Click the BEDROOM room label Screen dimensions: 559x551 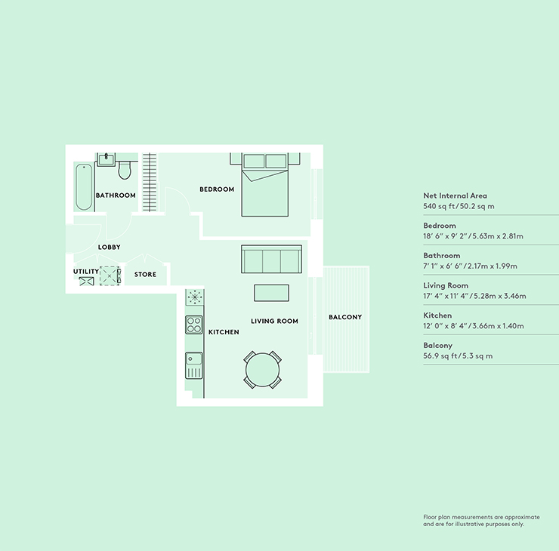(217, 189)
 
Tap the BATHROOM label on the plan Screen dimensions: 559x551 (116, 195)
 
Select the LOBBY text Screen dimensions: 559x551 (109, 247)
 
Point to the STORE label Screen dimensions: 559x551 (145, 274)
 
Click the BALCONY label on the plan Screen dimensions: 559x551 (345, 317)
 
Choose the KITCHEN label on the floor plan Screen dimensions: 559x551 (224, 332)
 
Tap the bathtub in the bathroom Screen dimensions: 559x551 (84, 187)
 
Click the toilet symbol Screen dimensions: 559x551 (125, 171)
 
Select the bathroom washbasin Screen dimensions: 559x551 (107, 159)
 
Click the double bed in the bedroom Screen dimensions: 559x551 (265, 185)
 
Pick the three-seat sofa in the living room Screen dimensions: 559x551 (271, 259)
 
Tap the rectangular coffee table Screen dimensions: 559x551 (271, 292)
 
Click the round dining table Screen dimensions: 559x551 (262, 370)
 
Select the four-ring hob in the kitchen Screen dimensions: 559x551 (194, 325)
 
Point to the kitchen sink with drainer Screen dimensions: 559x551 (194, 365)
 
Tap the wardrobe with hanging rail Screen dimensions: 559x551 (150, 182)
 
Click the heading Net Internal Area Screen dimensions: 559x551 (455, 195)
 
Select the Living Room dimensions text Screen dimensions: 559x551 (474, 296)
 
